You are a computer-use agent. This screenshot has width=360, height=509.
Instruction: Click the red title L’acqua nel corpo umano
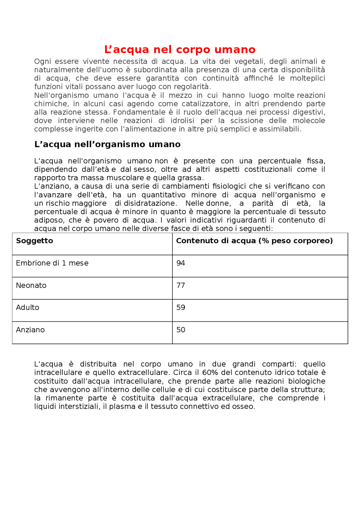pos(180,49)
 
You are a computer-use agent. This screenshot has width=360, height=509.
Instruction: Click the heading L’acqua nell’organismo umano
pos(107,144)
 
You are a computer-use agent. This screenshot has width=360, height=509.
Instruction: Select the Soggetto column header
pos(35,241)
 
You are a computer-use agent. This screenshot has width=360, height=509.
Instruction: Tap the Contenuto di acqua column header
pos(254,241)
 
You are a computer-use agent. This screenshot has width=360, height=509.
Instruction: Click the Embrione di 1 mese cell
pos(52,263)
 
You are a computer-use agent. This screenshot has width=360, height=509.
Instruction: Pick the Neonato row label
pos(31,285)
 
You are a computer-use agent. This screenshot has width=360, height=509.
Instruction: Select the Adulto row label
pos(28,307)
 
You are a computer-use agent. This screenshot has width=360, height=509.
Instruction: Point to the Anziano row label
pos(30,330)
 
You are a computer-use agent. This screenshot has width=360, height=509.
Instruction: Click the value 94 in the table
pos(181,263)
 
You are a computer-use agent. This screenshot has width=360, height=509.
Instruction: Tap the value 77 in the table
pos(181,285)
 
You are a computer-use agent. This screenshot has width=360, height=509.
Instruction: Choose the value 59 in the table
pos(181,307)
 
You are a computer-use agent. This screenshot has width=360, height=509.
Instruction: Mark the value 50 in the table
pos(181,330)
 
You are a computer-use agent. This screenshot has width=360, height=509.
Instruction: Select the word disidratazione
pos(150,203)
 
